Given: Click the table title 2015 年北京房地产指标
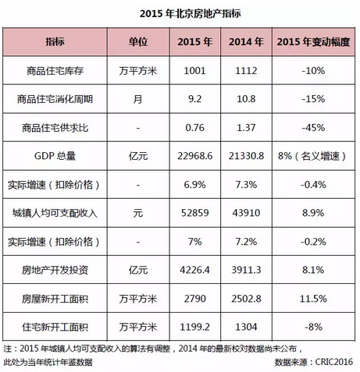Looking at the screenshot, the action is [x=191, y=13].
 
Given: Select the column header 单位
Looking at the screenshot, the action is [x=138, y=41].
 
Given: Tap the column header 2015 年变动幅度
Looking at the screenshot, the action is [x=313, y=41].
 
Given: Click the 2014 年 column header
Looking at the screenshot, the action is [x=246, y=41].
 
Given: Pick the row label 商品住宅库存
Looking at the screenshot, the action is [x=55, y=71].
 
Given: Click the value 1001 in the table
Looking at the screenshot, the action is [x=194, y=71].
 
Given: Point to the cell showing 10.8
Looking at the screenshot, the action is [x=246, y=99].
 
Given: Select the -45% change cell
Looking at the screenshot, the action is [x=313, y=128].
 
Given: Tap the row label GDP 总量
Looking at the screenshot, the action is [x=55, y=156].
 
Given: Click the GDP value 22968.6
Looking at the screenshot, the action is [x=195, y=156].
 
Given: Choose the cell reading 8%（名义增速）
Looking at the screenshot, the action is [x=312, y=156].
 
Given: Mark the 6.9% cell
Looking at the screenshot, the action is [x=194, y=185].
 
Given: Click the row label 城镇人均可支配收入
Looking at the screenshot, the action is [x=55, y=213].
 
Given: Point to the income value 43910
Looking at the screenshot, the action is [x=246, y=213].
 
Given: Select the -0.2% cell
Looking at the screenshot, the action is [x=313, y=242].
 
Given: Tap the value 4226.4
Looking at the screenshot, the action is [x=194, y=270].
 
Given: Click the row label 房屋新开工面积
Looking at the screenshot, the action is [x=55, y=299].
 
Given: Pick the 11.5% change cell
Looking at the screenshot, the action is [x=313, y=299].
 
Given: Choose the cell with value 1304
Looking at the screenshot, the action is [x=246, y=327].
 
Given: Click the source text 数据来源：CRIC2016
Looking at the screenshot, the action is [x=314, y=362].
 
